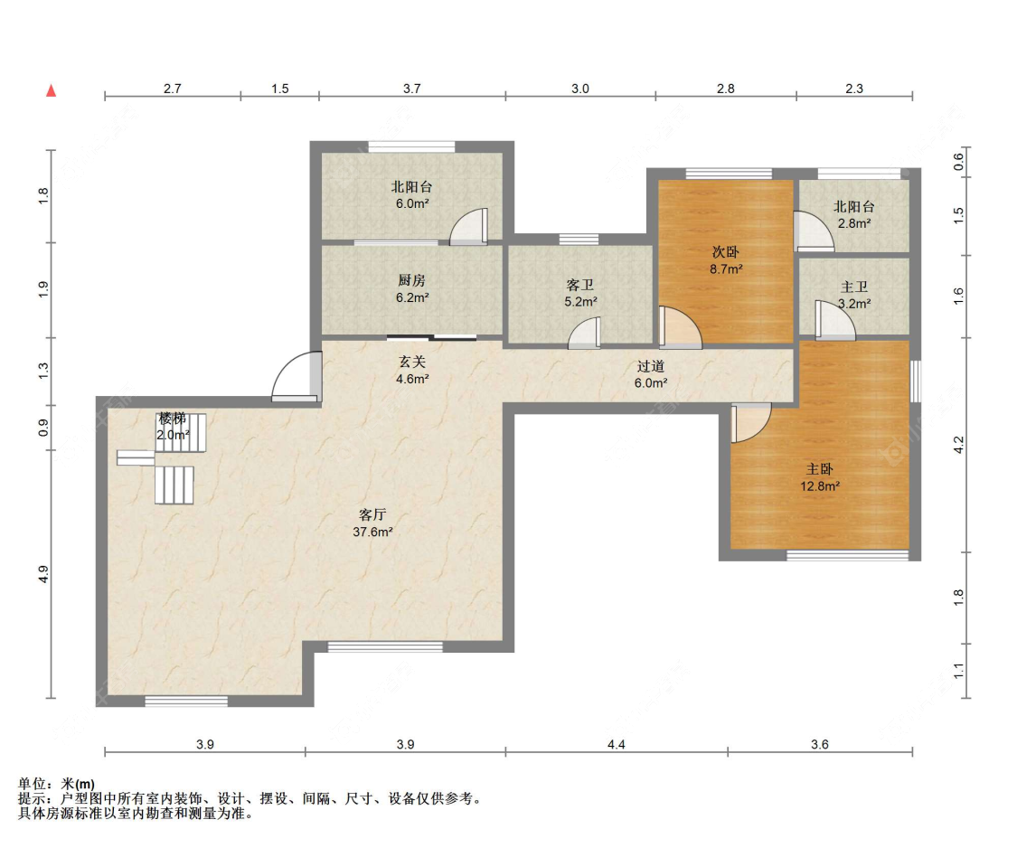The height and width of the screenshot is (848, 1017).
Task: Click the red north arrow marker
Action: (x=52, y=90)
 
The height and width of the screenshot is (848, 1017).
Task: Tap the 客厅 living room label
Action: (x=372, y=515)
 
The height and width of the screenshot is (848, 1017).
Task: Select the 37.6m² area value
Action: (x=373, y=532)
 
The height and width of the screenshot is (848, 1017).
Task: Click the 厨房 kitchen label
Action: (x=412, y=280)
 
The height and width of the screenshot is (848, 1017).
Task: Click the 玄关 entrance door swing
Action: (x=297, y=376)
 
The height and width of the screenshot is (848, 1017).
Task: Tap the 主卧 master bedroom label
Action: (x=820, y=469)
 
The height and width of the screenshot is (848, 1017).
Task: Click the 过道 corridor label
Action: (x=651, y=366)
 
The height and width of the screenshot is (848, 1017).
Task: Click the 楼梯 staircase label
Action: (x=173, y=419)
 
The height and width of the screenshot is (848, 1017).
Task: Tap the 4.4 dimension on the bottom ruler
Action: (x=617, y=744)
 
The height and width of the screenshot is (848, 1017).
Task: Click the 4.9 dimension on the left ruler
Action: (x=43, y=574)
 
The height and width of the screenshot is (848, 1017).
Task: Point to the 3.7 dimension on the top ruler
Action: (x=412, y=89)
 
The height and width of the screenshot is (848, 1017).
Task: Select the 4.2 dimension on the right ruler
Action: (x=958, y=445)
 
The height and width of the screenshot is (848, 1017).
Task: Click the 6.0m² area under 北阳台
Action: (x=412, y=203)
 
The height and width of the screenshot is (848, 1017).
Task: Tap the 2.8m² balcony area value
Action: (x=854, y=224)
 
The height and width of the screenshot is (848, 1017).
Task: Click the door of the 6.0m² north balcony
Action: (x=468, y=226)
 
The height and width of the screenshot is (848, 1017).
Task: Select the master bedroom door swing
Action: (x=751, y=422)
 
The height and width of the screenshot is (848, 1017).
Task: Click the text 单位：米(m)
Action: (x=56, y=784)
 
